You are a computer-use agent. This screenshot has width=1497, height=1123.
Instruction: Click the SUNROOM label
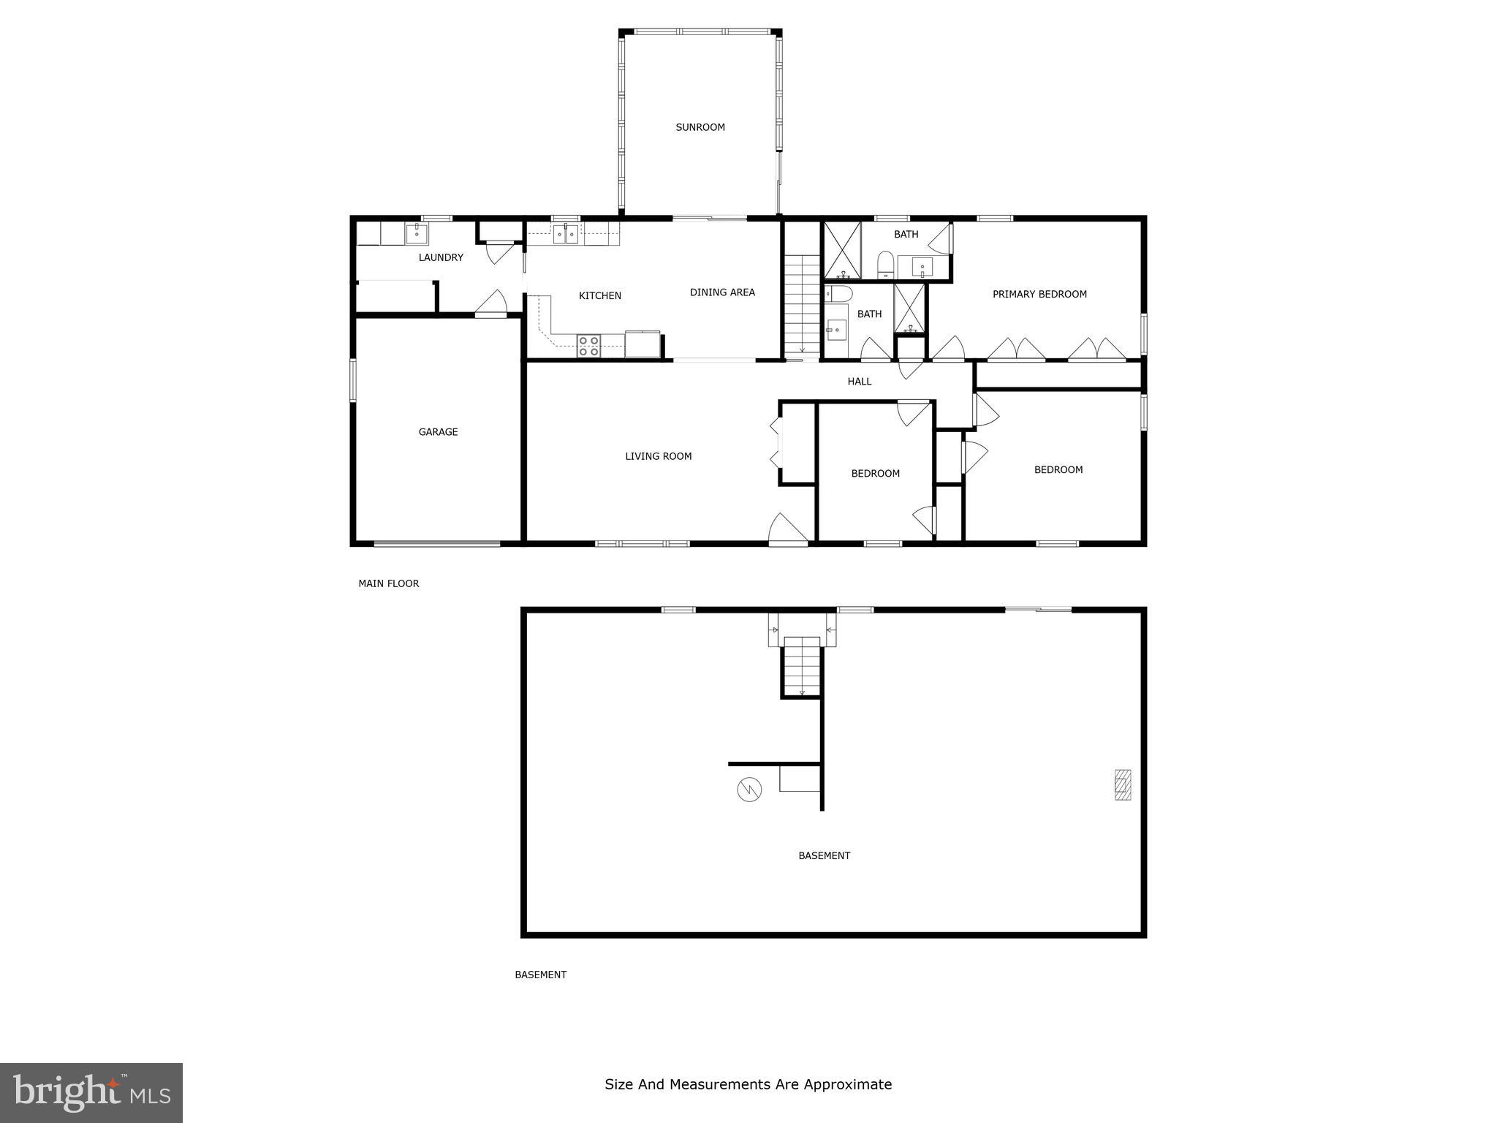[x=700, y=127]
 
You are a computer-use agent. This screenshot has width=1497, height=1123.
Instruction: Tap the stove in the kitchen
[x=588, y=346]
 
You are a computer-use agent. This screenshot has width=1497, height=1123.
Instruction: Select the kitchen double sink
[x=565, y=234]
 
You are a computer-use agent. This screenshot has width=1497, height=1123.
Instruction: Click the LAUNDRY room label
[x=441, y=257]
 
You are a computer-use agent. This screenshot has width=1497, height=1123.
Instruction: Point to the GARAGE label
[x=438, y=432]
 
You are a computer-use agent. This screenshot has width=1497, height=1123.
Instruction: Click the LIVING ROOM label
[x=658, y=456]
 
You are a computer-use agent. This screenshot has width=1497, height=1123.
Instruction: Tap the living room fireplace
[x=777, y=443]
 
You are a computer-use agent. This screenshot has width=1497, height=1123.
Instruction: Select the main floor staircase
[x=803, y=303]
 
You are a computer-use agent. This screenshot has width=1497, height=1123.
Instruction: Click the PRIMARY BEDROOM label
[x=1039, y=294]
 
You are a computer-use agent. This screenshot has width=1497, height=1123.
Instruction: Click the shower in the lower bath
[x=909, y=307]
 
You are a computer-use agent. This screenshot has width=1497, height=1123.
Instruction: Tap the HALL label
[x=859, y=382]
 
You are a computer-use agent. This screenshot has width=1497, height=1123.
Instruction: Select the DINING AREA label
[x=721, y=292]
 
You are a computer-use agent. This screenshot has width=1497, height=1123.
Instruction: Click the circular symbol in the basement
[x=749, y=789]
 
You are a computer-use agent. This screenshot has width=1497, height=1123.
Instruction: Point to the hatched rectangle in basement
[x=1122, y=784]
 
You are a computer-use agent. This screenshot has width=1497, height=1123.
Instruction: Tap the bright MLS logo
[x=91, y=1092]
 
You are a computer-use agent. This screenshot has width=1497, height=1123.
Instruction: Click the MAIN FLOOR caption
[x=388, y=583]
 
